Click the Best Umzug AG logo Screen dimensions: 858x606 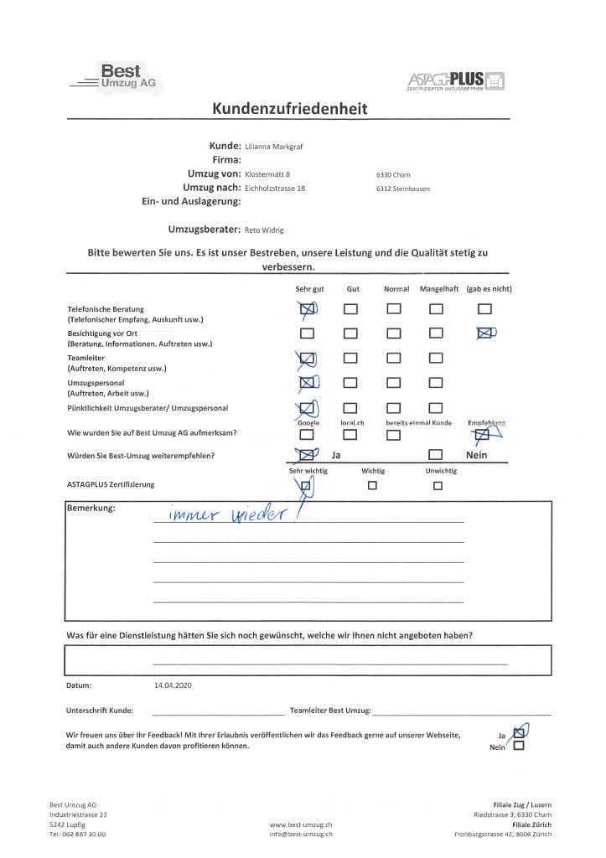pyautogui.click(x=117, y=78)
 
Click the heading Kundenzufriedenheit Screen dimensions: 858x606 pyautogui.click(x=289, y=109)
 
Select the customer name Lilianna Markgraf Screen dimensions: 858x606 pyautogui.click(x=273, y=146)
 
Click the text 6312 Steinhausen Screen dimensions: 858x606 pyautogui.click(x=403, y=189)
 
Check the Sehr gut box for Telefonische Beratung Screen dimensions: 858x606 pyautogui.click(x=308, y=309)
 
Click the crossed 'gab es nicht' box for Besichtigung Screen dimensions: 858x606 pyautogui.click(x=483, y=333)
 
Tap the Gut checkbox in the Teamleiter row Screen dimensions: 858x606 pyautogui.click(x=351, y=359)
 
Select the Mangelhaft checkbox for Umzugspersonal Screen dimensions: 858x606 pyautogui.click(x=435, y=384)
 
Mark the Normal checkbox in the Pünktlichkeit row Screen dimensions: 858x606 pyautogui.click(x=393, y=408)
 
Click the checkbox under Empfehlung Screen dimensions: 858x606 pyautogui.click(x=482, y=435)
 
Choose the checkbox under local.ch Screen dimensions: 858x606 pyautogui.click(x=351, y=435)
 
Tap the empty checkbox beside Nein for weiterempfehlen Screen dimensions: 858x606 pyautogui.click(x=435, y=456)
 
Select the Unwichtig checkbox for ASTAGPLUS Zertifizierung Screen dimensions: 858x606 pyautogui.click(x=438, y=485)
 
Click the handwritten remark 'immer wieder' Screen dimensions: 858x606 pyautogui.click(x=228, y=514)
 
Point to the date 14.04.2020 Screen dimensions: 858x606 pyautogui.click(x=174, y=685)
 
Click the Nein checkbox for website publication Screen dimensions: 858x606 pyautogui.click(x=518, y=747)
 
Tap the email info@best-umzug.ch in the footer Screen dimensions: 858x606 pyautogui.click(x=301, y=835)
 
